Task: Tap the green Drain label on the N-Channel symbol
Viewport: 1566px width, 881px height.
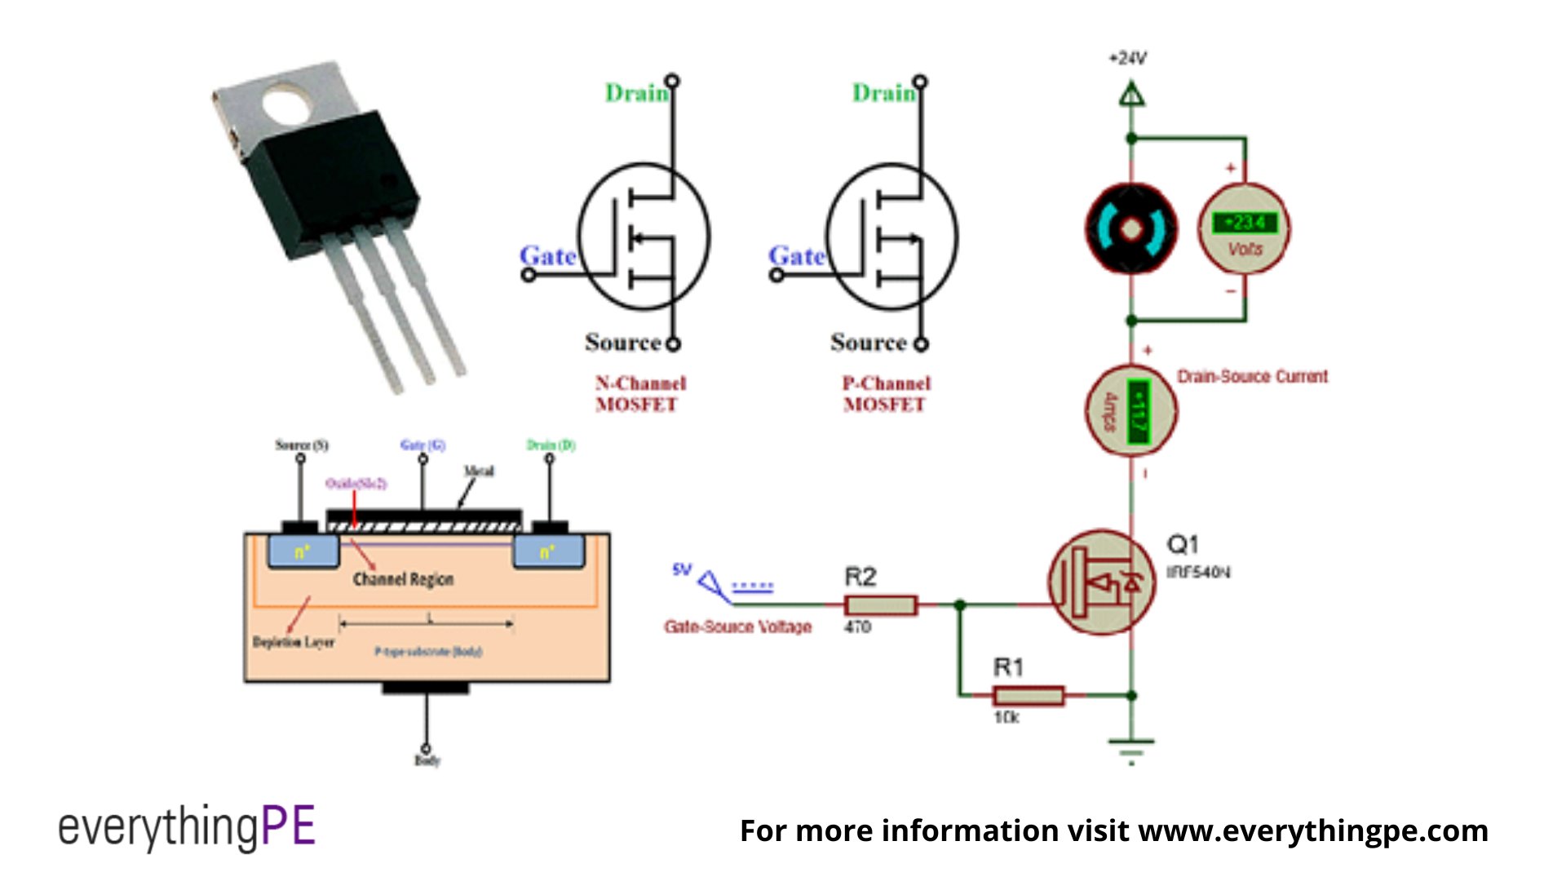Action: pos(636,93)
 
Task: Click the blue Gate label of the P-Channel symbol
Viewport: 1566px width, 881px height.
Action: pos(797,256)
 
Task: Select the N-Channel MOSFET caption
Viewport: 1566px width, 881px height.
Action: pos(639,394)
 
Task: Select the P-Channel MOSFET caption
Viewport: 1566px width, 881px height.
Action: pos(886,394)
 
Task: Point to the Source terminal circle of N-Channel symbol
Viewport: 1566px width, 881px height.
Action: pos(673,344)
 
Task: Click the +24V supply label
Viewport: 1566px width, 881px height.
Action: pos(1127,59)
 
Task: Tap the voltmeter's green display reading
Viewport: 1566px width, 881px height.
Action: pos(1244,222)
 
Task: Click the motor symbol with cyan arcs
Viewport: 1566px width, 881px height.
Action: pos(1131,229)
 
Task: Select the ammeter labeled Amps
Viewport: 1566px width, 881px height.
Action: pos(1130,410)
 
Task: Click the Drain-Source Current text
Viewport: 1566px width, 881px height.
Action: pos(1252,377)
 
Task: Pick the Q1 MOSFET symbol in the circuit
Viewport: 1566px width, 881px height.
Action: pos(1101,582)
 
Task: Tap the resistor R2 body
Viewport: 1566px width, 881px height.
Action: pos(881,605)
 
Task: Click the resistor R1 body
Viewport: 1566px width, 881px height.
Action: pos(1029,696)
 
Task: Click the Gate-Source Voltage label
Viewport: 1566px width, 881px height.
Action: pos(738,626)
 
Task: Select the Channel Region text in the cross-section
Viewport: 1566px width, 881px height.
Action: pos(403,579)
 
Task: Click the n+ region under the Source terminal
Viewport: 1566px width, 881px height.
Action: pos(303,552)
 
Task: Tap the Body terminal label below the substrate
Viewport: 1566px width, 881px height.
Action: pos(427,760)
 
